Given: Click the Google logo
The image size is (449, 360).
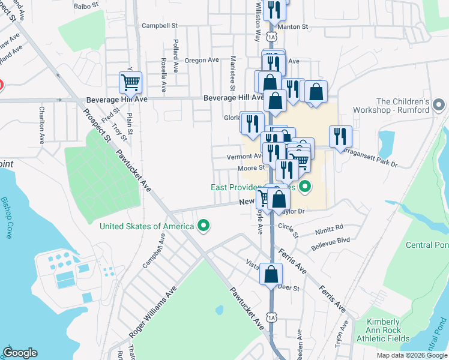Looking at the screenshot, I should tap(20, 353).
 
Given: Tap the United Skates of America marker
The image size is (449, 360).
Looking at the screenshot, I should tap(204, 226).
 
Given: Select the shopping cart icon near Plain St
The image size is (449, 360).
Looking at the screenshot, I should tap(130, 82).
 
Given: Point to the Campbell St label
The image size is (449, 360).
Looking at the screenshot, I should tap(160, 26).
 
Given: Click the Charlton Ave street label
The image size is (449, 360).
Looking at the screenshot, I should tap(42, 125).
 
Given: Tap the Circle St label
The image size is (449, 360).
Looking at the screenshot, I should tap(288, 227).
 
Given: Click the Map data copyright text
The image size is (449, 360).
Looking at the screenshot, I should tap(412, 355).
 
